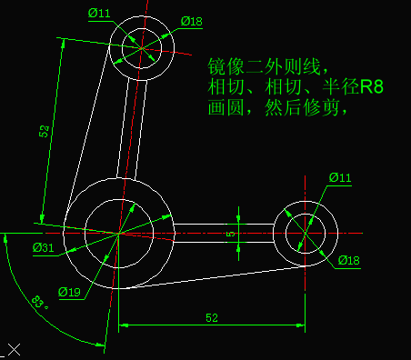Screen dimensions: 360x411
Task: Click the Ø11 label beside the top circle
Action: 99,13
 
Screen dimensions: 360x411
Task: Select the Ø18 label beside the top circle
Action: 192,21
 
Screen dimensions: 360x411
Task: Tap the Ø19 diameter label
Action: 70,292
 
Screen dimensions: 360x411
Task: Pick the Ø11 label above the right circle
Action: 339,176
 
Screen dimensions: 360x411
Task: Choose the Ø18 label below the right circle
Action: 350,261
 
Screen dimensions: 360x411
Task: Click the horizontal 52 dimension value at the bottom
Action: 212,318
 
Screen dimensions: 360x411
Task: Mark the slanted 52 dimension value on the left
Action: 44,132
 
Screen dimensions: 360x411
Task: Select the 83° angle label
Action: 39,302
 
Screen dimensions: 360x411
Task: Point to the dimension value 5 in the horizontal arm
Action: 230,234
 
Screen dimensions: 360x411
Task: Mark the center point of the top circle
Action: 142,46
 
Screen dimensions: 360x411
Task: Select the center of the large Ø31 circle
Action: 119,234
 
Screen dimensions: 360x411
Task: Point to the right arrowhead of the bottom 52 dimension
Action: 300,325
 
